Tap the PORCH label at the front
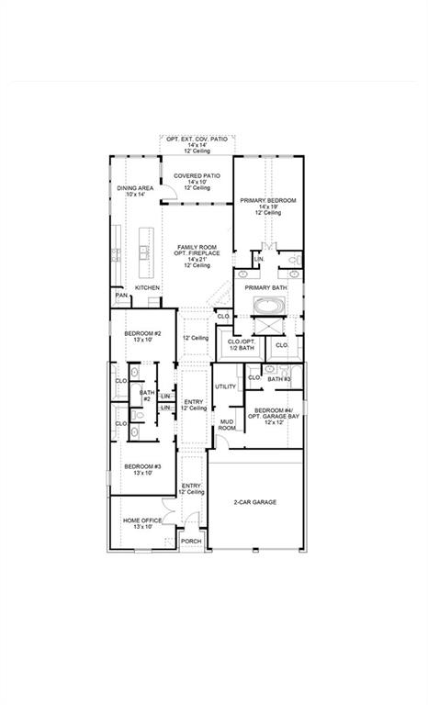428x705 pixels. [x=191, y=542]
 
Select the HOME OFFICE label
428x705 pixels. [x=142, y=520]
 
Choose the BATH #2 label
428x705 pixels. [x=146, y=396]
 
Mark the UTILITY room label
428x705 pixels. [x=226, y=386]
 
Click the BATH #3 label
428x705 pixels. [x=279, y=379]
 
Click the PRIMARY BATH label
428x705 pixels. [x=266, y=287]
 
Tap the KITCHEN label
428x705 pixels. [x=148, y=287]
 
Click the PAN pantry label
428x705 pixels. [x=120, y=296]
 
